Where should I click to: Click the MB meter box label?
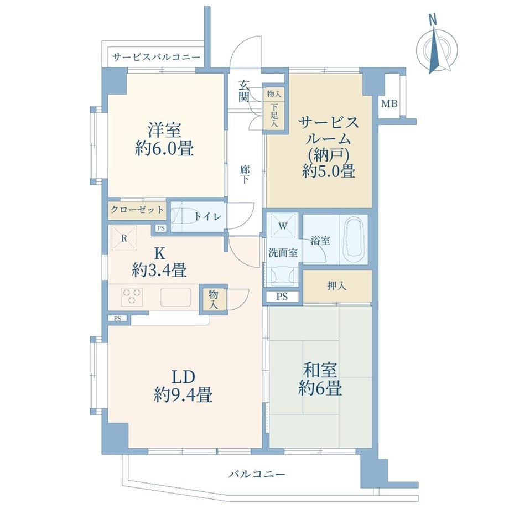pos(389,104)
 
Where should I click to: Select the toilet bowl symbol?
pos(183,216)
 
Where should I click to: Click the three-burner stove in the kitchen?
pos(132,297)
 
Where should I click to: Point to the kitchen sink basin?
pos(176,297)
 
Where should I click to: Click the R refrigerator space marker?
pos(124,238)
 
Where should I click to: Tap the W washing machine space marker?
pos(282,226)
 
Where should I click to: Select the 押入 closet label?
pos(337,286)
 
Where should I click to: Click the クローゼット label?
pos(137,210)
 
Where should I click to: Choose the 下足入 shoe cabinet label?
pos(274,115)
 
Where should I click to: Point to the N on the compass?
pos(433,21)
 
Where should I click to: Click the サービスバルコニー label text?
pos(156,58)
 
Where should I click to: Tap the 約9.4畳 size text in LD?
pos(183,396)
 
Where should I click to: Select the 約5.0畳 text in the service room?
pos(328,171)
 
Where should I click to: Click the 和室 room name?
pos(320,370)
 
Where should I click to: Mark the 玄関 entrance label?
pos(244,91)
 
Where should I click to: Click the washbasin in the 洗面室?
pos(283,277)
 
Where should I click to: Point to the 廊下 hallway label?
pos(245,175)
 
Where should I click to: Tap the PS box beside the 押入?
pos(282,297)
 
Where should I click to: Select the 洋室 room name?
pos(164,129)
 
